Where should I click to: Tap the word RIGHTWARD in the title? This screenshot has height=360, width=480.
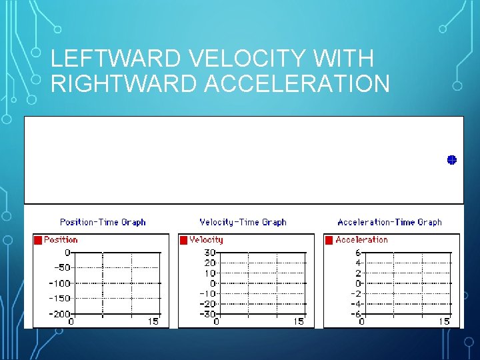click(122, 84)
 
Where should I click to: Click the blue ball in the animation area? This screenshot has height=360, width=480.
click(451, 160)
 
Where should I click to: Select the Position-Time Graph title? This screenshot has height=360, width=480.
click(103, 222)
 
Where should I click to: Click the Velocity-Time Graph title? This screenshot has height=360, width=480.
click(243, 222)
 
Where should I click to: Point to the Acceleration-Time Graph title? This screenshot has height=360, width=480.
click(389, 222)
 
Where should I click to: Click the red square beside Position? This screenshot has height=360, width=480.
click(38, 240)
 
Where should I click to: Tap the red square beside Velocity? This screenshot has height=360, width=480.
click(183, 240)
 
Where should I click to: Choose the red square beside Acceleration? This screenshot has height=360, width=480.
click(329, 240)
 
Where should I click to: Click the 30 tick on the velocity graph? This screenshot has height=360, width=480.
click(209, 253)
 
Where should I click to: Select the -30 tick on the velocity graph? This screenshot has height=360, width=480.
click(207, 313)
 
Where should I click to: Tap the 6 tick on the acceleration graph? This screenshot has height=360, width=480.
click(357, 253)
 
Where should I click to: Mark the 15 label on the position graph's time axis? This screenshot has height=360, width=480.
click(153, 321)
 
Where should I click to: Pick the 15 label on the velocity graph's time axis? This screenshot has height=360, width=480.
click(298, 321)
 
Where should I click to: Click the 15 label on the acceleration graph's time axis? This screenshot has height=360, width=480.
click(444, 321)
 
